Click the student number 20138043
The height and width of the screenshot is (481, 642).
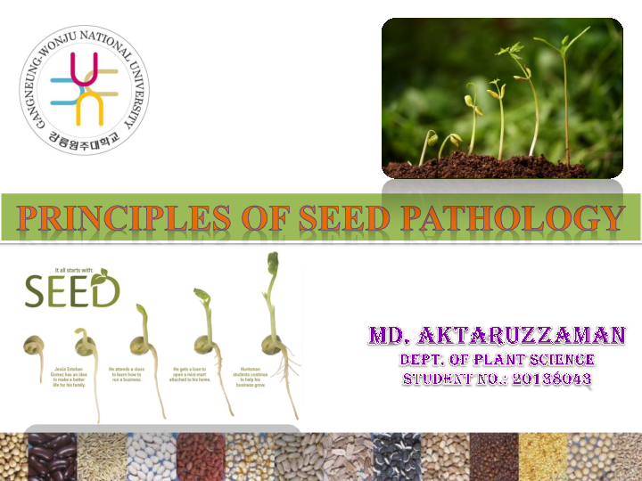pos(541,379)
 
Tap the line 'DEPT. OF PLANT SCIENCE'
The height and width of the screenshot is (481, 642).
pos(498,359)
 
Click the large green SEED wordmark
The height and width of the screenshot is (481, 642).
pos(71,289)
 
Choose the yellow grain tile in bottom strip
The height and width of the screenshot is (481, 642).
pos(540,455)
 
